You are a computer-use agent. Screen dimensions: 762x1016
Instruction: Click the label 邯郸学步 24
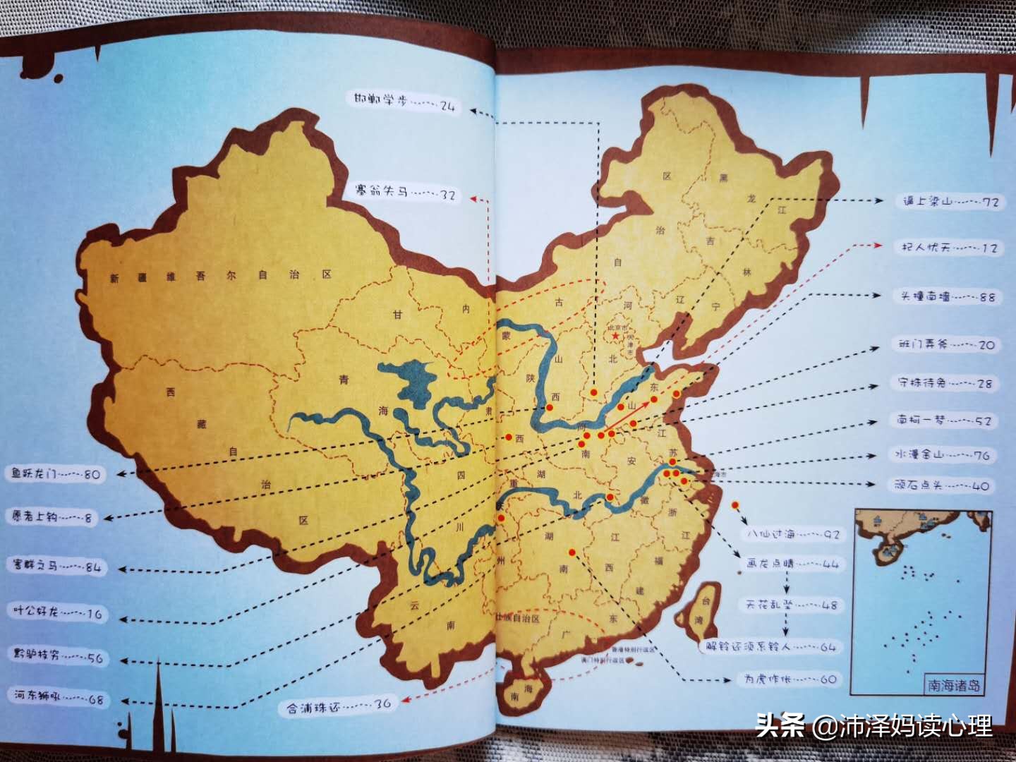405,103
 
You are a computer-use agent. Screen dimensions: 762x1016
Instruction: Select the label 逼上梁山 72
950,202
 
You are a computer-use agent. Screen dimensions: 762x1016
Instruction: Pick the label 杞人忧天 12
949,248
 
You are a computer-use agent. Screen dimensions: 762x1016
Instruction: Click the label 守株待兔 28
944,383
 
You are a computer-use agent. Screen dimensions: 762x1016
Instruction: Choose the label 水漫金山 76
942,455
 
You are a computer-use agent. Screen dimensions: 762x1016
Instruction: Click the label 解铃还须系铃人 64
770,646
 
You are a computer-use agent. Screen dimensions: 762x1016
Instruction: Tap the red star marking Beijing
615,337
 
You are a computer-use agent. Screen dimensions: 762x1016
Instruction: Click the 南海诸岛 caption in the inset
953,685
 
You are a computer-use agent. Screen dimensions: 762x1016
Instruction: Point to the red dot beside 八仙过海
736,505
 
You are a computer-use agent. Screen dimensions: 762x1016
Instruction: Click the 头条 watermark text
780,725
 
